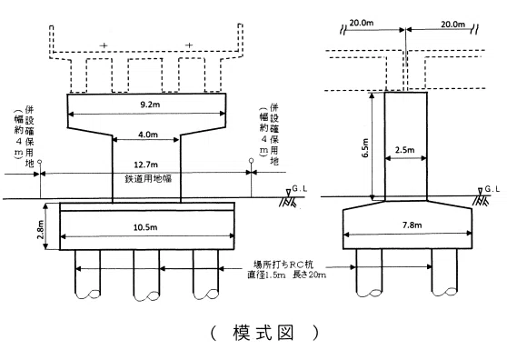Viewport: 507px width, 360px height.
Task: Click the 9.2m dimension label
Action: tap(150, 105)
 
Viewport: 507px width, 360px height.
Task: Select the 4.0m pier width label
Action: tap(148, 135)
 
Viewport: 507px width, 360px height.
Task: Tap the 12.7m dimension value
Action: tap(145, 165)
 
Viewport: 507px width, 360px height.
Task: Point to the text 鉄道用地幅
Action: tap(148, 178)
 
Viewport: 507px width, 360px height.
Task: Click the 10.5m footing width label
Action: tap(145, 227)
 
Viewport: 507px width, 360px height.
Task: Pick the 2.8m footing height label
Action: tap(41, 229)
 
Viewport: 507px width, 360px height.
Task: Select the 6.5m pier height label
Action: tap(365, 148)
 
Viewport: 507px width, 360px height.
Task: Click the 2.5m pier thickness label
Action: tap(404, 150)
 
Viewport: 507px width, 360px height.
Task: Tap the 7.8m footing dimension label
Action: tap(412, 225)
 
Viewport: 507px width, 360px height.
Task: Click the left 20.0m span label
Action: tap(362, 23)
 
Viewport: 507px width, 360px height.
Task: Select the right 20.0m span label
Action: tap(453, 25)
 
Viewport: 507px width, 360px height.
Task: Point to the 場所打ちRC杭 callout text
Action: tap(283, 265)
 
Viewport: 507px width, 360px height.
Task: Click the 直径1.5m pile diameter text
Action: tap(267, 275)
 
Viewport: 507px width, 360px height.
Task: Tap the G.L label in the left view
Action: tap(300, 188)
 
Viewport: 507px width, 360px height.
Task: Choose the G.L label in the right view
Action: tap(492, 188)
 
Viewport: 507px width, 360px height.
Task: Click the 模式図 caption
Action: tap(263, 333)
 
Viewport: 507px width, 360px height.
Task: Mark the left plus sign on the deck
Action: tap(104, 45)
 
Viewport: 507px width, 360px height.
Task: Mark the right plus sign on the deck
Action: tap(189, 45)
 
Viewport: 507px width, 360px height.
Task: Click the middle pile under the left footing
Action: tap(146, 274)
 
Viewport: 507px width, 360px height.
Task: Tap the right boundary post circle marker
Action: tap(252, 160)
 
